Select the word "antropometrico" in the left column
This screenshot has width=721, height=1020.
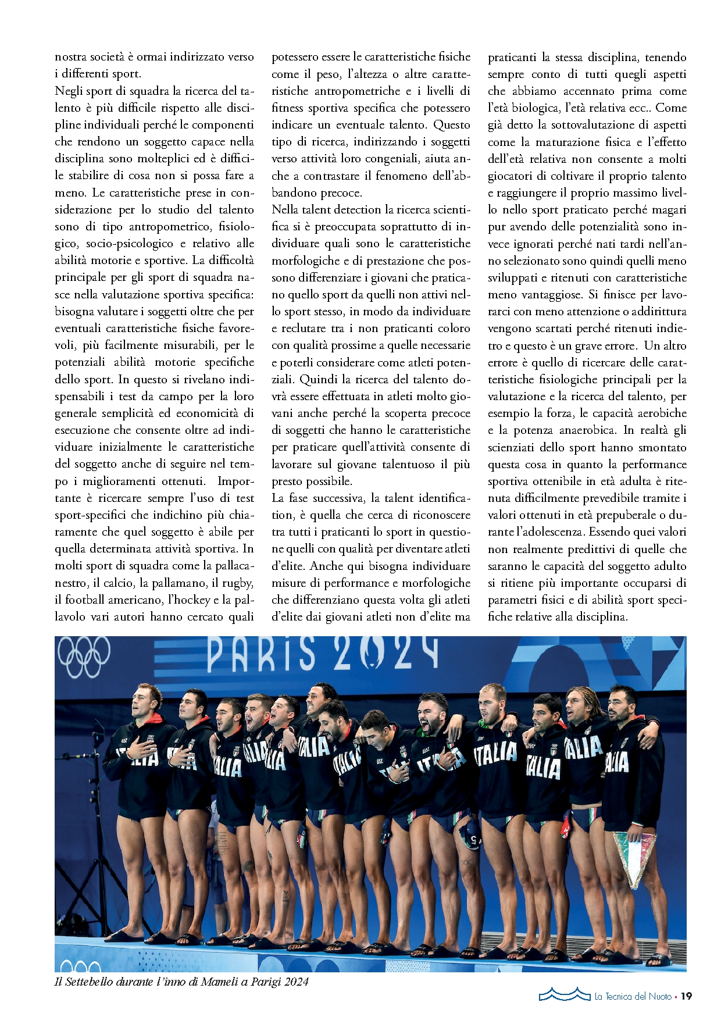(169, 227)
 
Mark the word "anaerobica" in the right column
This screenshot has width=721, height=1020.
(587, 430)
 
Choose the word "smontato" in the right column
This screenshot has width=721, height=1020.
(662, 448)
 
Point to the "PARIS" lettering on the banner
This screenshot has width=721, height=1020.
(261, 654)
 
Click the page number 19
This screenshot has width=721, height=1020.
(686, 996)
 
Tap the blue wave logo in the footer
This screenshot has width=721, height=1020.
(563, 994)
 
